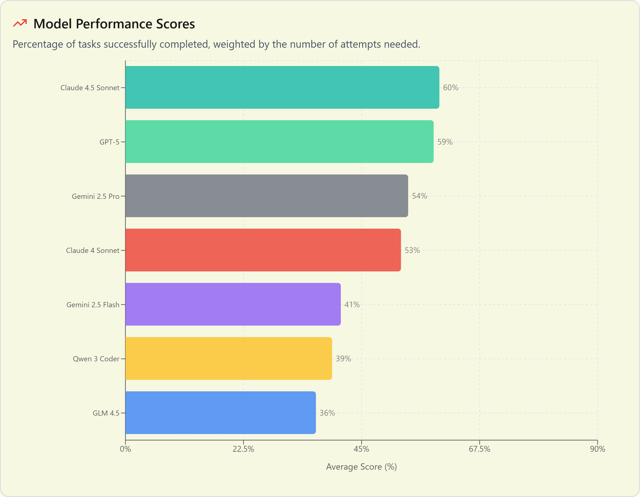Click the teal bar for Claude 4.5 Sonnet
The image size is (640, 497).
282,87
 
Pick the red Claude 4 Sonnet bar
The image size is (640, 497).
263,250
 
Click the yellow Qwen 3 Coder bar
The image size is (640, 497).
228,359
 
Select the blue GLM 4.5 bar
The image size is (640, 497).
220,413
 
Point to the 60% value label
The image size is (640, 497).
451,88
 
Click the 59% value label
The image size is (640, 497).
445,142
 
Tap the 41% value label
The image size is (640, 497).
352,305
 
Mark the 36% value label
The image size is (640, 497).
327,413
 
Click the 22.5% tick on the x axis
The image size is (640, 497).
243,449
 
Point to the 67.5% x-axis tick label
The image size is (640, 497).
479,449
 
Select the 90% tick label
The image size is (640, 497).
597,449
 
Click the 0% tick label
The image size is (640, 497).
125,449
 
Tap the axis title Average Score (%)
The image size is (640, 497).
361,467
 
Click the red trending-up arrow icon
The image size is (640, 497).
20,23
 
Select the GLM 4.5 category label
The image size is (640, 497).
106,413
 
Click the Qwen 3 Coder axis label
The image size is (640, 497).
96,359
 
